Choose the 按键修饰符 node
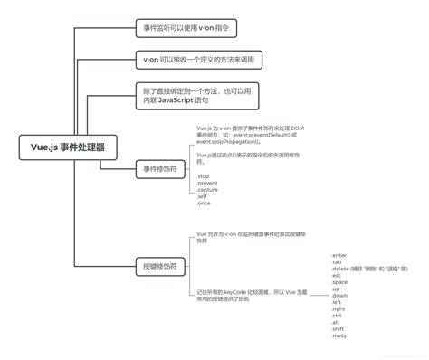[x=160, y=266]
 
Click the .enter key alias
[x=340, y=257]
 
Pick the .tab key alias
[x=338, y=263]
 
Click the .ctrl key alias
[x=338, y=316]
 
